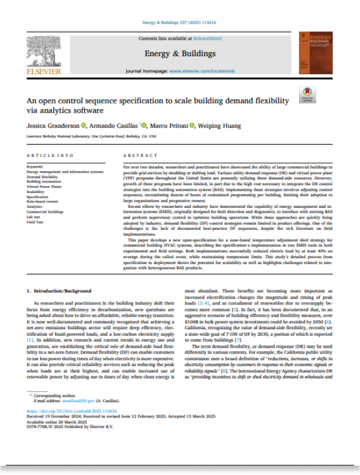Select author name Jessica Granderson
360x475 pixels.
(x=53, y=126)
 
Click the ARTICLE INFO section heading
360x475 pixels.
(x=50, y=155)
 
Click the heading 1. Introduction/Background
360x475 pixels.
(x=60, y=291)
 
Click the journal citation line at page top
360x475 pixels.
(x=180, y=24)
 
